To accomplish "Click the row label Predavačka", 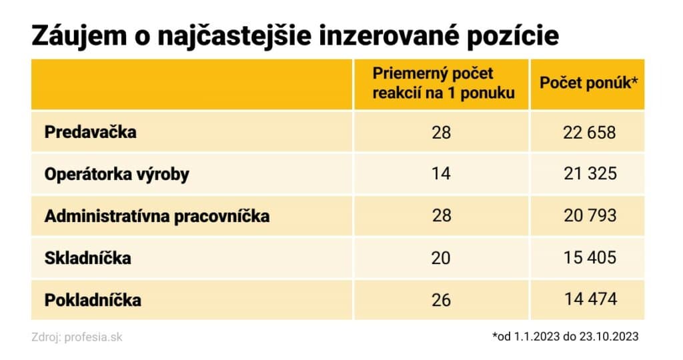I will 90,132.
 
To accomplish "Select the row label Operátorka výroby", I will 117,174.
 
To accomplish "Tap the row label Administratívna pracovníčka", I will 157,216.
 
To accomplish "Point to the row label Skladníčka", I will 87,258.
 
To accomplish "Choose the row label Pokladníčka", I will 93,300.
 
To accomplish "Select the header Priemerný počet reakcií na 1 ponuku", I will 444,84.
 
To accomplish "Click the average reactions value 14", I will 441,174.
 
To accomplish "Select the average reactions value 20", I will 441,258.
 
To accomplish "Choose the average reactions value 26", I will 441,300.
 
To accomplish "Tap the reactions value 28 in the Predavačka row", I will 441,132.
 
